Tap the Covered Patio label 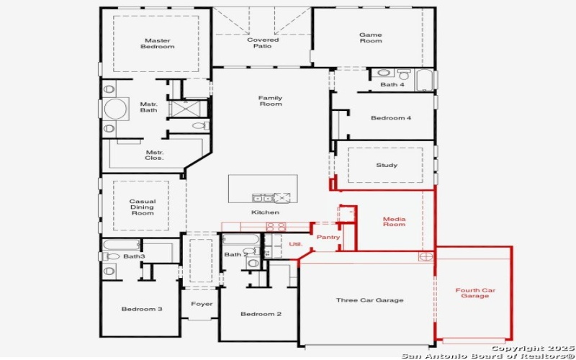(x=263, y=43)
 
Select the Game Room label (x=371, y=38)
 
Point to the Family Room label (x=271, y=101)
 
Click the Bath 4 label (x=393, y=85)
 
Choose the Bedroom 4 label (x=391, y=117)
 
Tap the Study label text (x=387, y=166)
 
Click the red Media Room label (x=394, y=221)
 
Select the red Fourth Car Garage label (x=474, y=293)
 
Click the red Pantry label (x=328, y=237)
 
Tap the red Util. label (x=295, y=244)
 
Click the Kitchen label (x=265, y=212)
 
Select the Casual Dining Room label (x=142, y=207)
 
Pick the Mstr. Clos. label (x=154, y=155)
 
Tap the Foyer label (x=202, y=304)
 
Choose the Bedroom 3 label (x=141, y=309)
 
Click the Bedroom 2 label (x=261, y=314)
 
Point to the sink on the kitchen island (x=262, y=197)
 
